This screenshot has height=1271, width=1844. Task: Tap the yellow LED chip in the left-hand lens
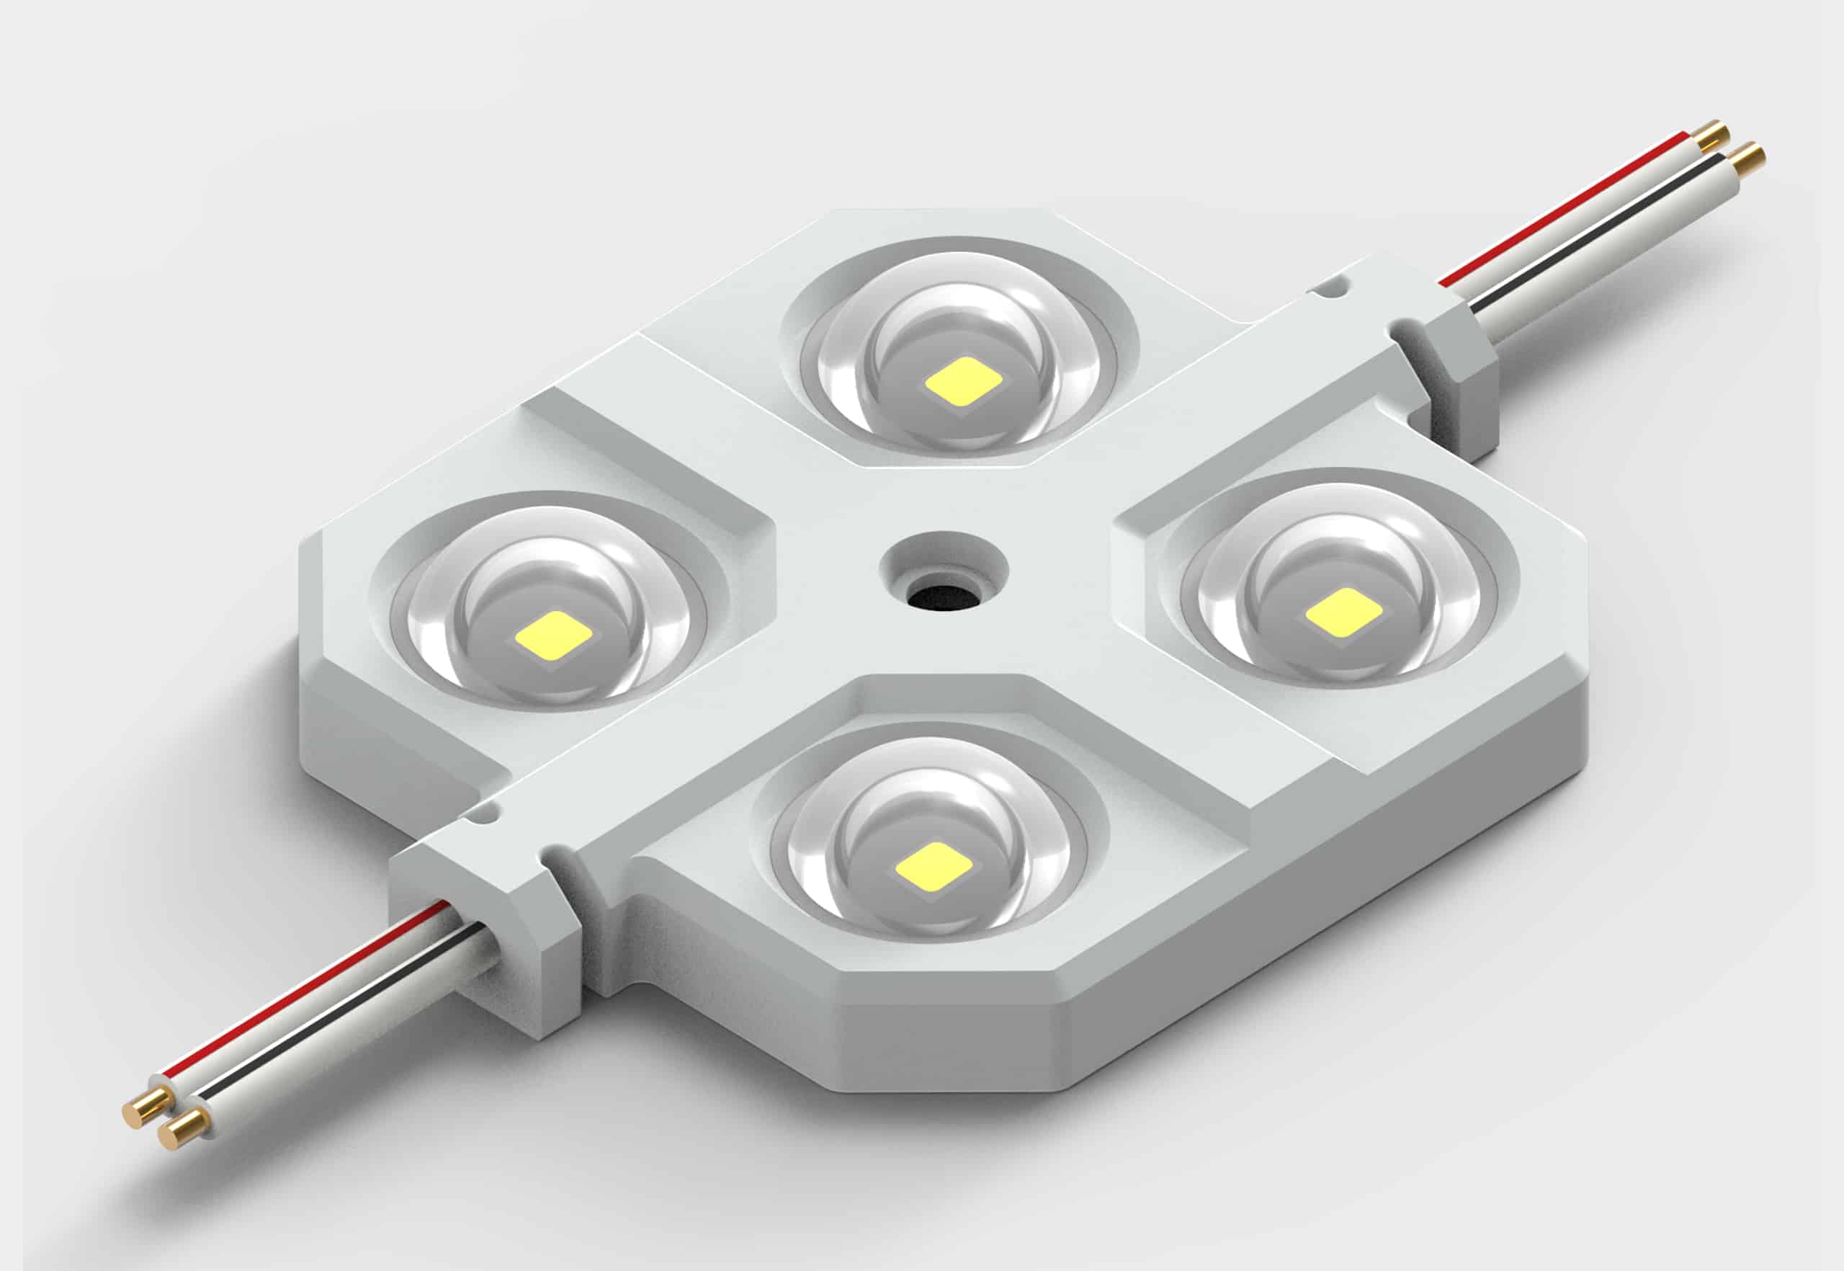(x=553, y=634)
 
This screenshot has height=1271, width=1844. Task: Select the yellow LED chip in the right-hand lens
(x=1344, y=612)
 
